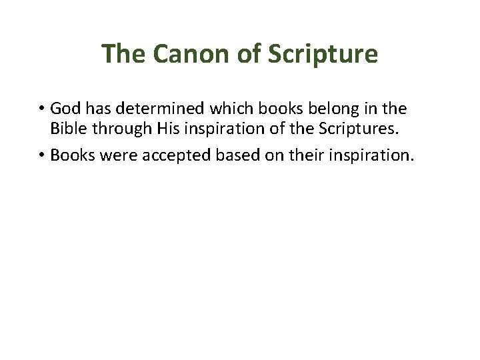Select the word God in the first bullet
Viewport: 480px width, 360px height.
click(64, 108)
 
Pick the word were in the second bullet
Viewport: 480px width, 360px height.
click(107, 156)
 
